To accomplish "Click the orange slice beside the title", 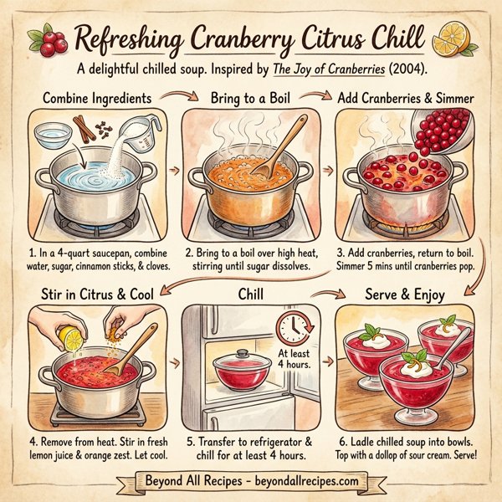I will coord(459,38).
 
